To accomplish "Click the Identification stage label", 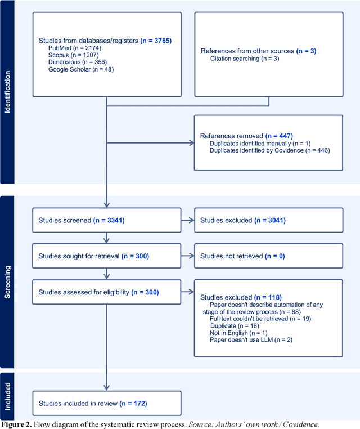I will pos(8,91).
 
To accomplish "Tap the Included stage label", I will pos(8,395).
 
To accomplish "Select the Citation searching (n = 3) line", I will pos(244,58).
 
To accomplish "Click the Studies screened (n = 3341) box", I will pos(107,220).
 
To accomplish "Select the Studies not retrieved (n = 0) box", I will pos(268,256).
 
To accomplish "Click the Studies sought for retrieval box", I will pos(107,256).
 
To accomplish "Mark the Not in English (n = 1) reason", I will pos(233,333).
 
